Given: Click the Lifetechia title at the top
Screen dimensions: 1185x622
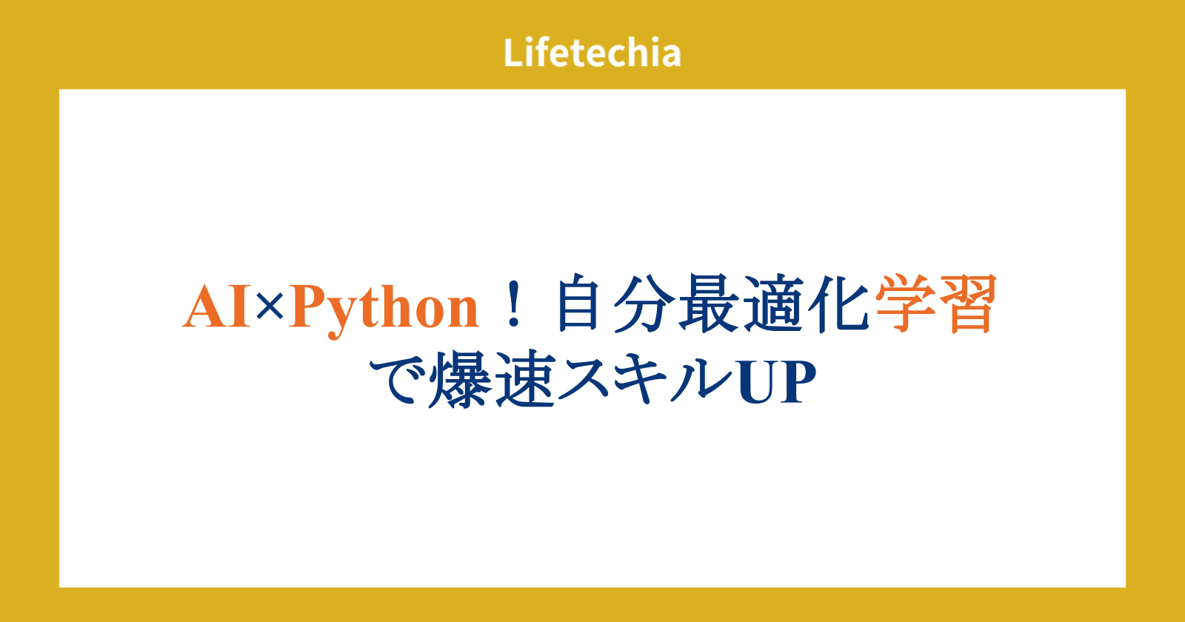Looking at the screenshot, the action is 592,53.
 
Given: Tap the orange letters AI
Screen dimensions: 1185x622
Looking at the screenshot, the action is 217,307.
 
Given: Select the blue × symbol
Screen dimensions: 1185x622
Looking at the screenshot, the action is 270,307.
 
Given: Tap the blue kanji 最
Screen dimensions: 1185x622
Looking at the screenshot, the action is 709,304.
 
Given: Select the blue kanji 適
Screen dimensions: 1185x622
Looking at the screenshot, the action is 773,304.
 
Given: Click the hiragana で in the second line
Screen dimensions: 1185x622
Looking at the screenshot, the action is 397,380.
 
